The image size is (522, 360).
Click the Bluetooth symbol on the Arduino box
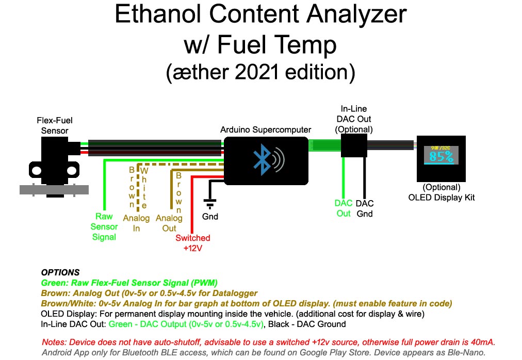pyautogui.click(x=263, y=159)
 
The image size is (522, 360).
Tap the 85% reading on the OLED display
pyautogui.click(x=441, y=156)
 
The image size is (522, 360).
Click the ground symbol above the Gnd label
pyautogui.click(x=210, y=204)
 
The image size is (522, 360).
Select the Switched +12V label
pyautogui.click(x=193, y=243)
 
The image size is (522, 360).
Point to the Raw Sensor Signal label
pyautogui.click(x=104, y=226)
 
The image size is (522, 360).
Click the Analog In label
pyautogui.click(x=136, y=223)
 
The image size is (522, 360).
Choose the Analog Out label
pyautogui.click(x=169, y=223)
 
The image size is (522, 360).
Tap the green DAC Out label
pyautogui.click(x=344, y=208)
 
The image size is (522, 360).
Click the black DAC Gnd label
pyautogui.click(x=365, y=208)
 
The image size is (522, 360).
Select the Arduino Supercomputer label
pyautogui.click(x=266, y=129)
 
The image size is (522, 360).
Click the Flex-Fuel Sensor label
pyautogui.click(x=55, y=125)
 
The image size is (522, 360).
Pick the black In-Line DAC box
pyautogui.click(x=354, y=145)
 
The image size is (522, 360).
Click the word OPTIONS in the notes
pyautogui.click(x=60, y=272)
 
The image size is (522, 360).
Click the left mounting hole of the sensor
pyautogui.click(x=36, y=171)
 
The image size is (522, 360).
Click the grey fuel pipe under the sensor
pyautogui.click(x=54, y=190)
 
